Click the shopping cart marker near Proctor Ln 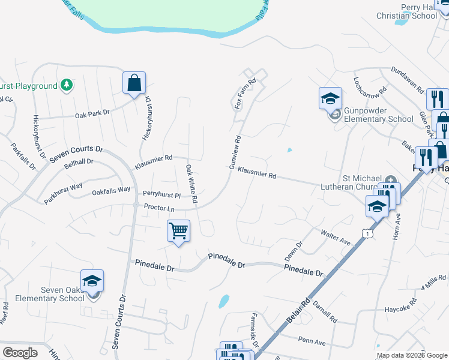point(178,230)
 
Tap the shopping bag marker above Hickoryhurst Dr point(134,83)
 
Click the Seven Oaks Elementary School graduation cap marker point(92,281)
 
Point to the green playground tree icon point(68,86)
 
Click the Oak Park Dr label point(92,113)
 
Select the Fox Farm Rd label point(244,93)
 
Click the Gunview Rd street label point(235,152)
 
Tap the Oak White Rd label point(191,184)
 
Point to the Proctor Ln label point(159,208)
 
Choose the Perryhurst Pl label point(161,194)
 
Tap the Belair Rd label point(299,311)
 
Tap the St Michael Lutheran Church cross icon point(391,179)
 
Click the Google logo point(19,352)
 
